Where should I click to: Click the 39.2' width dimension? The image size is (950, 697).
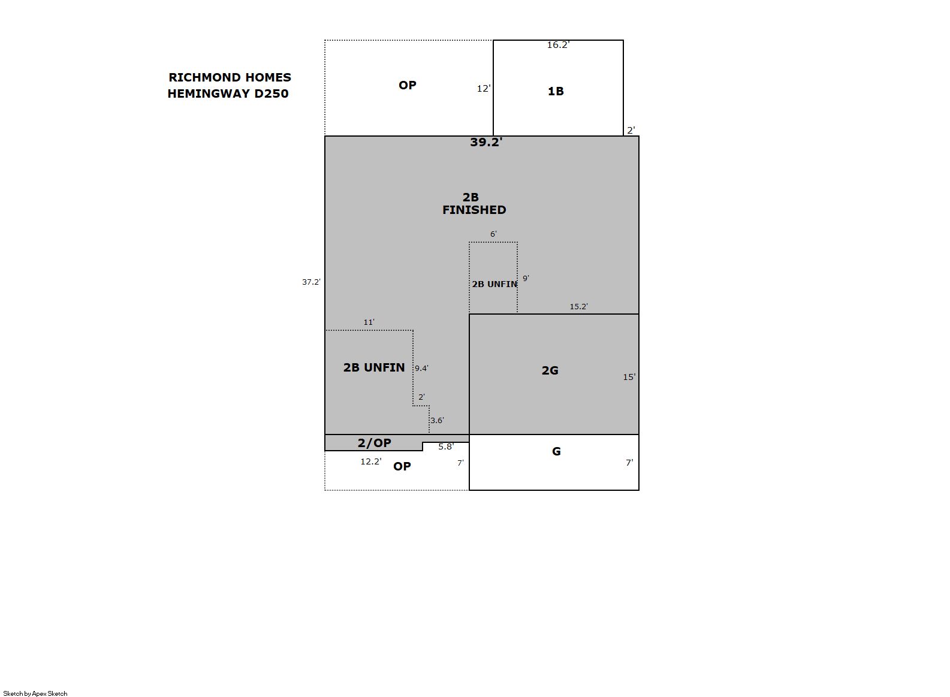pos(486,142)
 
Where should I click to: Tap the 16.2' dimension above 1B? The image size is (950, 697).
pos(558,44)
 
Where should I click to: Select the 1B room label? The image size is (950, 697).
pos(556,91)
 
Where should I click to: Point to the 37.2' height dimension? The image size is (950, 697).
pos(311,282)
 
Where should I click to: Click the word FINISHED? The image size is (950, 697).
pos(474,210)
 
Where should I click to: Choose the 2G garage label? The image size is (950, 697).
pos(550,370)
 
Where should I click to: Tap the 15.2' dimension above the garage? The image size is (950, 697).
pos(578,306)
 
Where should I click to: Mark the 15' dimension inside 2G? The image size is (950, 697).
pos(629,377)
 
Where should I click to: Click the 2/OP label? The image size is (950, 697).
pos(374,443)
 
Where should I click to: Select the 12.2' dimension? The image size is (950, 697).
pos(370,461)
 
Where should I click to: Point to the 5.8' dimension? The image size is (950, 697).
pos(446,446)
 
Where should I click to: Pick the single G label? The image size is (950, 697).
pos(556,451)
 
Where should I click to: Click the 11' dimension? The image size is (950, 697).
pos(369,322)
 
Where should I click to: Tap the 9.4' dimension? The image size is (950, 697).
pos(421,369)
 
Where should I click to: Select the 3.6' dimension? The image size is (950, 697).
pos(438,421)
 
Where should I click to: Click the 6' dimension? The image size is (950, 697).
pos(493,234)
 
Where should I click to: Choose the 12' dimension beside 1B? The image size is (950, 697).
pos(484,89)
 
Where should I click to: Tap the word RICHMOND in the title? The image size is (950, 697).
pos(200,77)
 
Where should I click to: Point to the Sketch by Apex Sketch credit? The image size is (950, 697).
pos(35,693)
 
